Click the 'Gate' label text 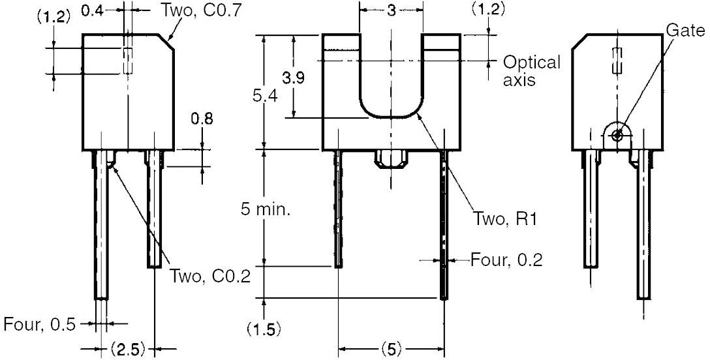pyautogui.click(x=685, y=30)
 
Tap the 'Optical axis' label pyautogui.click(x=531, y=70)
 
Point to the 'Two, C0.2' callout pyautogui.click(x=210, y=275)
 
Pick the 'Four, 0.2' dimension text pyautogui.click(x=506, y=260)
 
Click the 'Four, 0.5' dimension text pyautogui.click(x=39, y=324)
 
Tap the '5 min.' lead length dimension pyautogui.click(x=266, y=210)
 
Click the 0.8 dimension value pyautogui.click(x=202, y=119)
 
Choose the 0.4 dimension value pyautogui.click(x=93, y=9)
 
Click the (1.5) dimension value pyautogui.click(x=264, y=329)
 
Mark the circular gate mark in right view pyautogui.click(x=616, y=134)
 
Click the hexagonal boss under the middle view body pyautogui.click(x=391, y=158)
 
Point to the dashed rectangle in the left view pyautogui.click(x=128, y=60)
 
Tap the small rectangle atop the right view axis pyautogui.click(x=617, y=60)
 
